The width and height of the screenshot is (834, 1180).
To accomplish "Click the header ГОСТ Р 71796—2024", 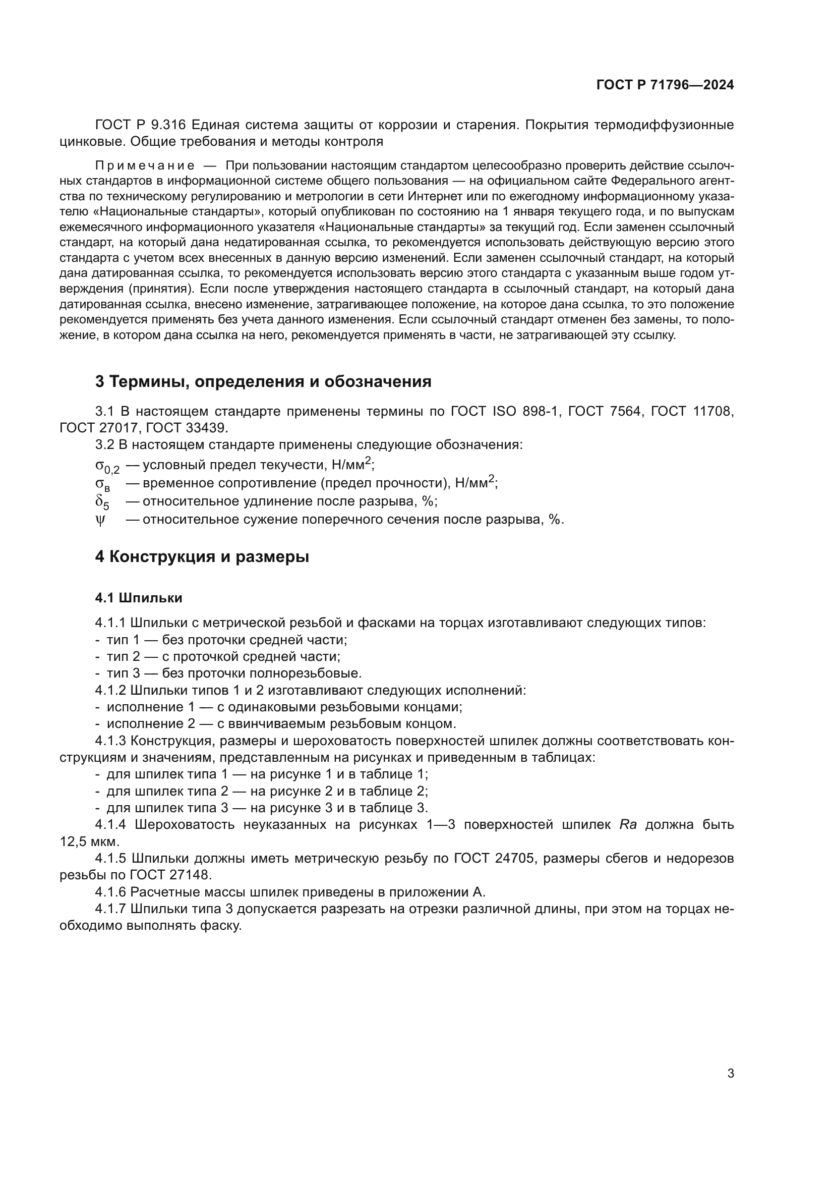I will pos(665,85).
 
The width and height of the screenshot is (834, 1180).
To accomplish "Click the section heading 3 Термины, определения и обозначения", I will pos(263,381).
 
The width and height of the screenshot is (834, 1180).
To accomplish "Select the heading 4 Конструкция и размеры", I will pos(202,556).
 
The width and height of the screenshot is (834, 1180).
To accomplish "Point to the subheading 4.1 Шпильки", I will pos(139,598).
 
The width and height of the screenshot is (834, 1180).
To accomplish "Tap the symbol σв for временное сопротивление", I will pos(103,484).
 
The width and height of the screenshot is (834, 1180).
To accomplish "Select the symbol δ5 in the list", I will pos(102,502).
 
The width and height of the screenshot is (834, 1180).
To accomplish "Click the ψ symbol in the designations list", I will pos(100,520).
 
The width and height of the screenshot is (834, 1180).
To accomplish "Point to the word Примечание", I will pos(144,165).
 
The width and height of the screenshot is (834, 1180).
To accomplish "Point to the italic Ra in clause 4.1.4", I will pos(628,824).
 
